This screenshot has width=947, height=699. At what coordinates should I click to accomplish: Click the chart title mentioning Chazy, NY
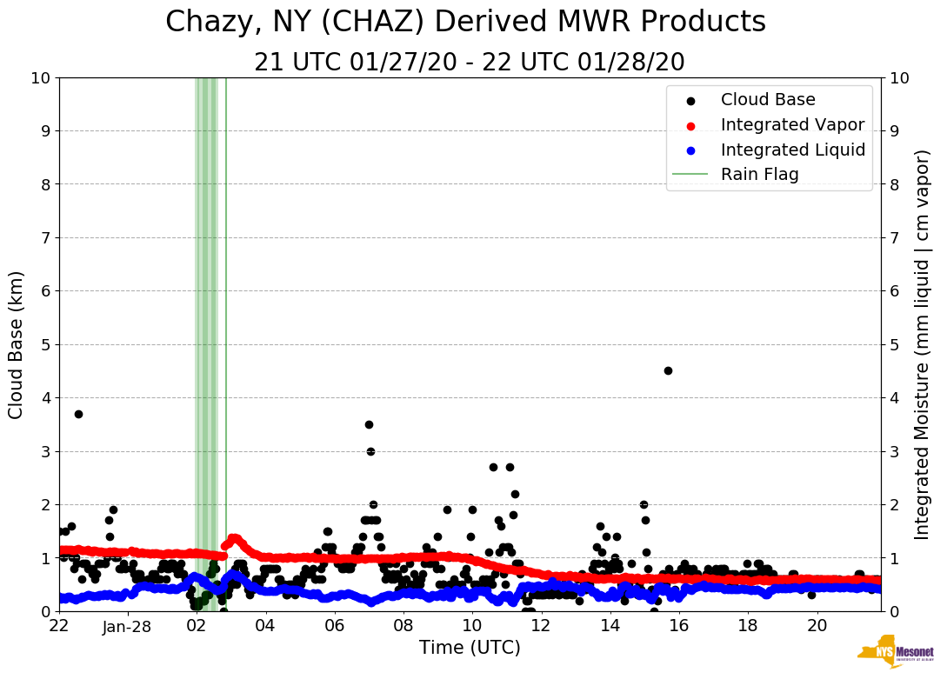465,22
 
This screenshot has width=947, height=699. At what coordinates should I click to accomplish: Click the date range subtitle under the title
469,63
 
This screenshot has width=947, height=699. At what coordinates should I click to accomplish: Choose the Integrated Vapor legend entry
792,124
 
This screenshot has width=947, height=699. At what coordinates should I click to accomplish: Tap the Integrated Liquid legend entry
792,150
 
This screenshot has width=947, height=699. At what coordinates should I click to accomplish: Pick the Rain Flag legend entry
759,174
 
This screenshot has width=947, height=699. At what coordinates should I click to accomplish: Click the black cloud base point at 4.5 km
668,370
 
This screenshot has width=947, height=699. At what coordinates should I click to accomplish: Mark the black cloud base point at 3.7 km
78,414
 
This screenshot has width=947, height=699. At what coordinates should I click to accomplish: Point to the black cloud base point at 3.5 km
369,424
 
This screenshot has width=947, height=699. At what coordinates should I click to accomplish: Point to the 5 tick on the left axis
43,344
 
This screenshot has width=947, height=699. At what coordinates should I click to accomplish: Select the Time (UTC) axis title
470,648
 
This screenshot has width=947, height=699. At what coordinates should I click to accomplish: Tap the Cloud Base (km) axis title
17,344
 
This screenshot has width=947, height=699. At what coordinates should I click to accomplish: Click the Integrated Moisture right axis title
923,344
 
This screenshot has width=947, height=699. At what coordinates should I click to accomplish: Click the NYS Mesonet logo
895,652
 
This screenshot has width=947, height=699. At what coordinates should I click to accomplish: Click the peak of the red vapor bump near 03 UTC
233,538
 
